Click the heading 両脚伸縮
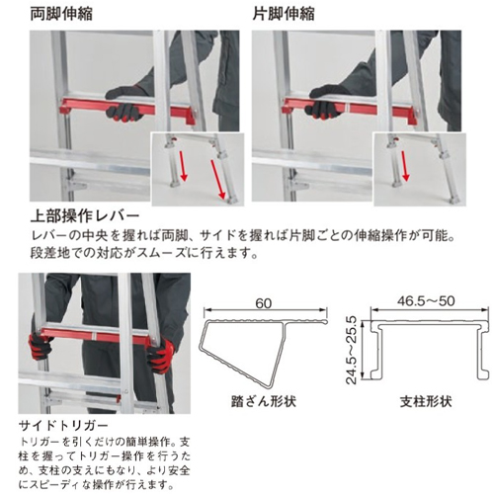(61, 14)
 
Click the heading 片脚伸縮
(284, 14)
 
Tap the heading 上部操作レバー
(85, 216)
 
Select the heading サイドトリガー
(63, 426)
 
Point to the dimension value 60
(264, 303)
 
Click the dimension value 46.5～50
(426, 301)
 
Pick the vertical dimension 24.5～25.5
(352, 350)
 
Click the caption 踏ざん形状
(264, 402)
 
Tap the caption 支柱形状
(426, 402)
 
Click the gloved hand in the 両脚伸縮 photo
(125, 104)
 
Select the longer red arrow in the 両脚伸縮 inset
(218, 180)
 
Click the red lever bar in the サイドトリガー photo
(96, 336)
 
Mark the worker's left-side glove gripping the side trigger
(40, 346)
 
